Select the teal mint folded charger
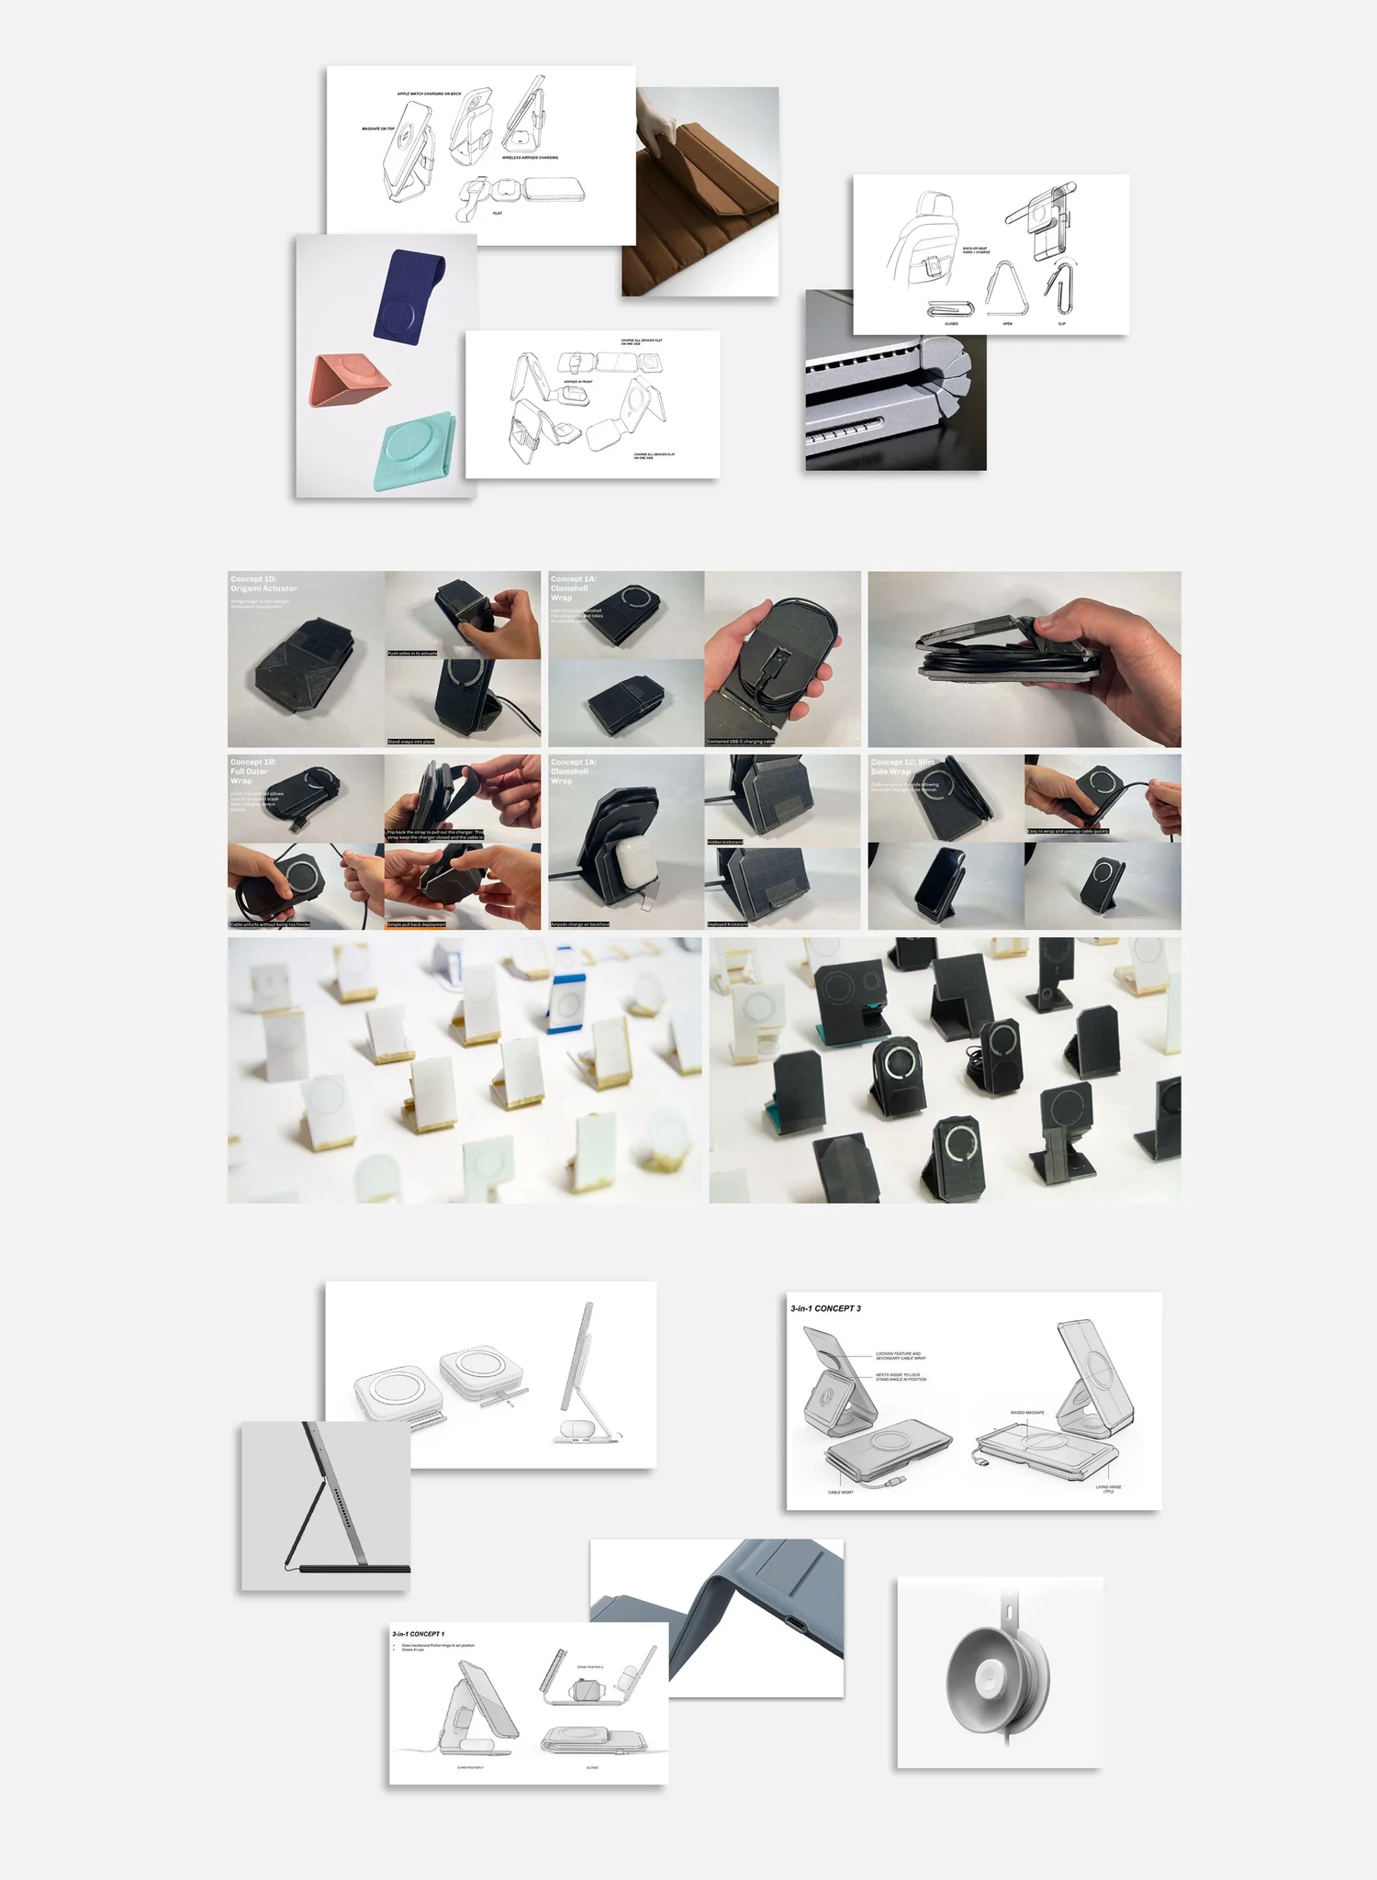[415, 451]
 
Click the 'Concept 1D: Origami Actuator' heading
[263, 584]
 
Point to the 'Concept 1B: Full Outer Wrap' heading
[252, 771]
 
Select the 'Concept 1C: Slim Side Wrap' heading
[902, 767]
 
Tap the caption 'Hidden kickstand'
[725, 842]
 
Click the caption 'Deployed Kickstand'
[728, 924]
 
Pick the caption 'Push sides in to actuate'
[412, 654]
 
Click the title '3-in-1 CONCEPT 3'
[825, 1308]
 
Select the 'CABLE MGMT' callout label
[840, 1493]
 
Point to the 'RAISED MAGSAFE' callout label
[1026, 1413]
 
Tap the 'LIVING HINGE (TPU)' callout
[1108, 1489]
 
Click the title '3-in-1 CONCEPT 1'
[418, 1634]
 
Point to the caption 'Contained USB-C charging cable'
[741, 741]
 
